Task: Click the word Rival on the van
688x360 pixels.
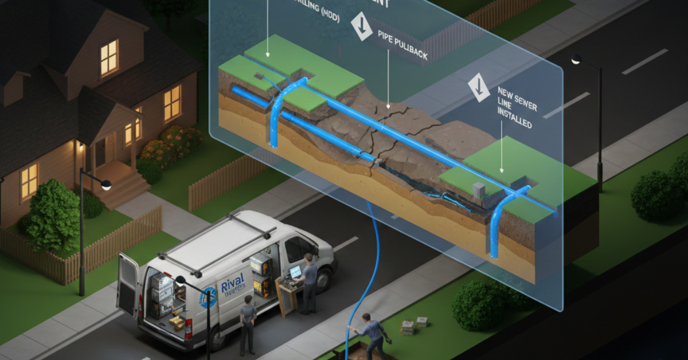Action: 232,280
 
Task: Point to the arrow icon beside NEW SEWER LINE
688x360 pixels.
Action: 479,87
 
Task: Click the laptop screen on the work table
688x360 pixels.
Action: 295,271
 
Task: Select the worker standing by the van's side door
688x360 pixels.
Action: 248,324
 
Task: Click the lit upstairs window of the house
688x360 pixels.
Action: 109,57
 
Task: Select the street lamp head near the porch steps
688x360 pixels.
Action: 106,185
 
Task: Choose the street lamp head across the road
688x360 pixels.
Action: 576,59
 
